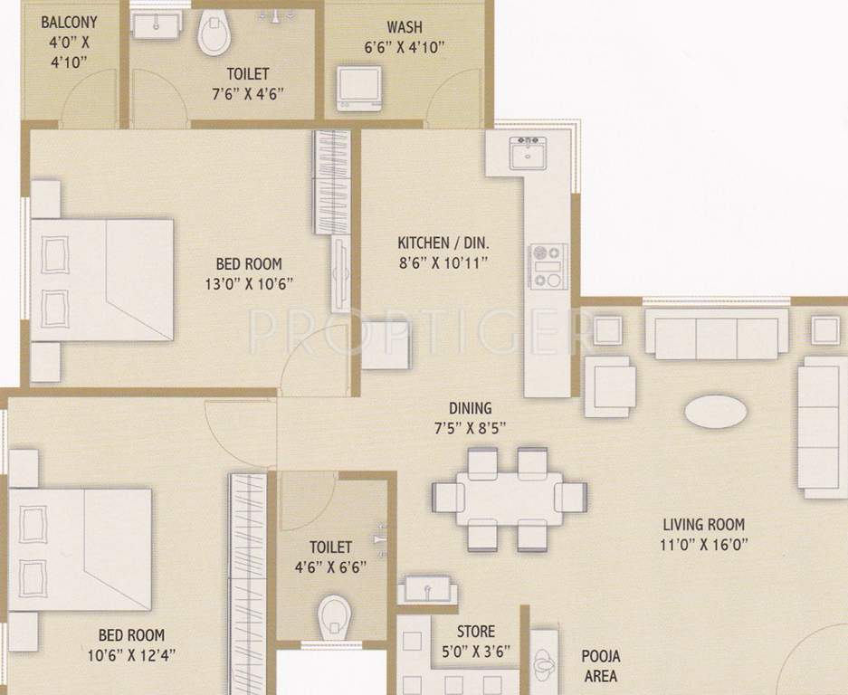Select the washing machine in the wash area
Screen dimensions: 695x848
click(358, 88)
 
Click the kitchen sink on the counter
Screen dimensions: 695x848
click(528, 156)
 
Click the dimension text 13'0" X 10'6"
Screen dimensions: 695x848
click(248, 282)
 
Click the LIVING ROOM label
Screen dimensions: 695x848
click(703, 524)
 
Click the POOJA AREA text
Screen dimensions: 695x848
click(600, 665)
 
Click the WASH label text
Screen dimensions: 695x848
click(405, 27)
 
